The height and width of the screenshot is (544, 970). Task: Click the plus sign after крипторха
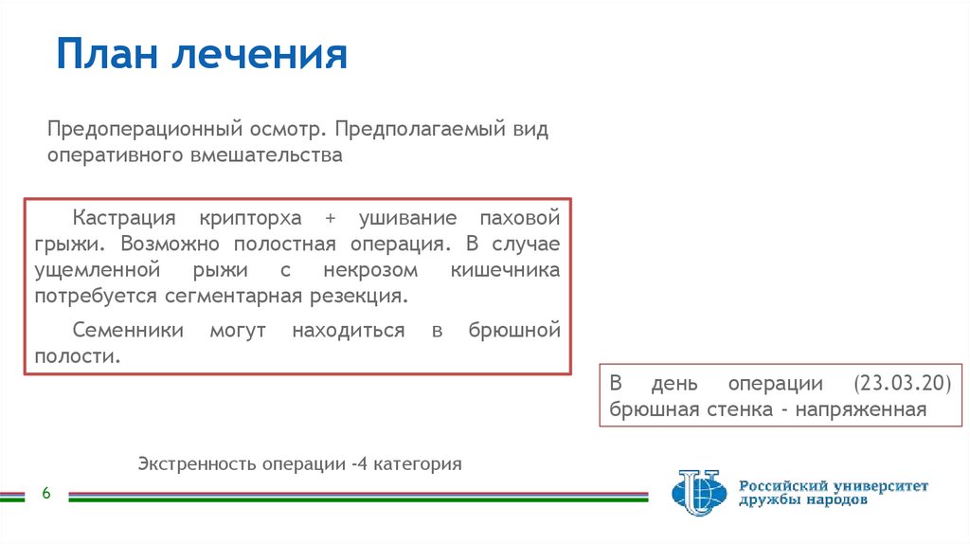click(x=330, y=217)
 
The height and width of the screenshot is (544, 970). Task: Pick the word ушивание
click(x=408, y=217)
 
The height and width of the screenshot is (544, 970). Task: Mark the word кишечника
click(x=505, y=270)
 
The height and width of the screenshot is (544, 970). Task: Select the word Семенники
click(x=121, y=331)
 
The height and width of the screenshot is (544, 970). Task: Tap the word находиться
click(x=348, y=331)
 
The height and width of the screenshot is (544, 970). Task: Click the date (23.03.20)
click(x=901, y=384)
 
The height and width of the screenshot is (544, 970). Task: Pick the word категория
click(x=417, y=464)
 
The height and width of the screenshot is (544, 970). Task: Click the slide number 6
click(x=45, y=495)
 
